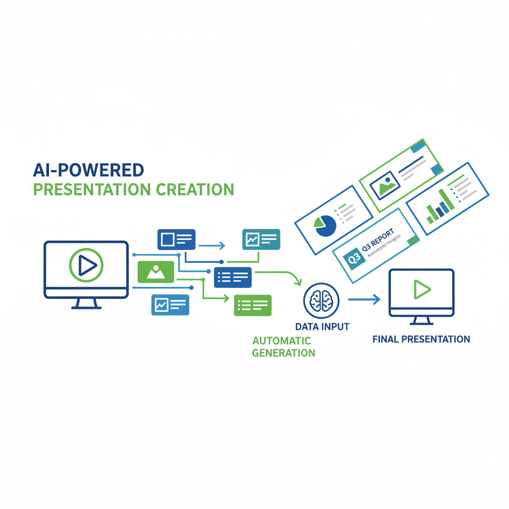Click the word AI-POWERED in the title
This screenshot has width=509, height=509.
[88, 170]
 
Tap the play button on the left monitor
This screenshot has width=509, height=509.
[86, 266]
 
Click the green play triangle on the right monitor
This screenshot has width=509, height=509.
[422, 289]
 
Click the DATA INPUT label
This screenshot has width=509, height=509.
[322, 327]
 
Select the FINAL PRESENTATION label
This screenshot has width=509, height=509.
[421, 339]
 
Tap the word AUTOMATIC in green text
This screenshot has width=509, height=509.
[281, 341]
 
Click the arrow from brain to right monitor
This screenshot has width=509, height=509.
[364, 299]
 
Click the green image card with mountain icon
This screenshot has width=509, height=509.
[156, 272]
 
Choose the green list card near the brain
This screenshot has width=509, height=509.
[253, 305]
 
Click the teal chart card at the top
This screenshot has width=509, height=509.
[260, 239]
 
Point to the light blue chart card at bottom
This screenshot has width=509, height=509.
[170, 305]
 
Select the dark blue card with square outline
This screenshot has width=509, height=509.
[176, 239]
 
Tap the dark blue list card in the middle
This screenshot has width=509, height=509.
[233, 277]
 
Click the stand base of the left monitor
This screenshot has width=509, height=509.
[86, 307]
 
